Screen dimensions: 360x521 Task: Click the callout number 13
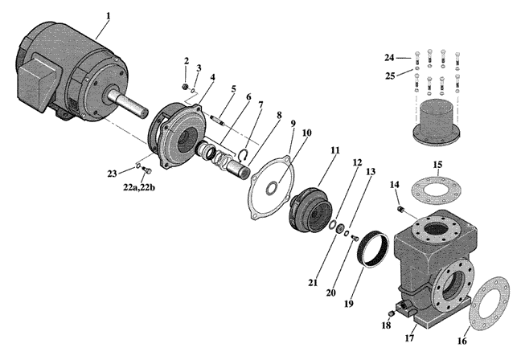click(370, 171)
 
